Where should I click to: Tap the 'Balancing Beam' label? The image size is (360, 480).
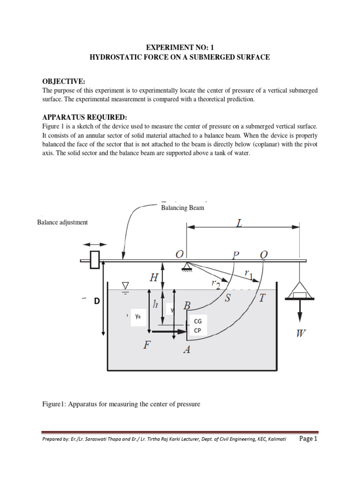click(x=182, y=208)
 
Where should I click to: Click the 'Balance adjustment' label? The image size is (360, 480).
click(x=62, y=222)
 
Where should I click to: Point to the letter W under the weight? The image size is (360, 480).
click(x=301, y=334)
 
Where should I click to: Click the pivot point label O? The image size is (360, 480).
click(x=179, y=255)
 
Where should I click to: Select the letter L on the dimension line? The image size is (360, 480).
click(x=240, y=224)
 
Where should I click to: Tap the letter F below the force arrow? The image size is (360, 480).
click(x=147, y=346)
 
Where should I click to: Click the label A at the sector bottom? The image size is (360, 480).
click(x=186, y=350)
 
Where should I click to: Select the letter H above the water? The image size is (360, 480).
click(x=154, y=277)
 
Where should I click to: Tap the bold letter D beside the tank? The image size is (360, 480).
click(x=97, y=301)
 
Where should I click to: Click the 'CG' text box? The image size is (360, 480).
click(x=197, y=321)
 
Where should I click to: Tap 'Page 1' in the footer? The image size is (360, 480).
click(x=307, y=439)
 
